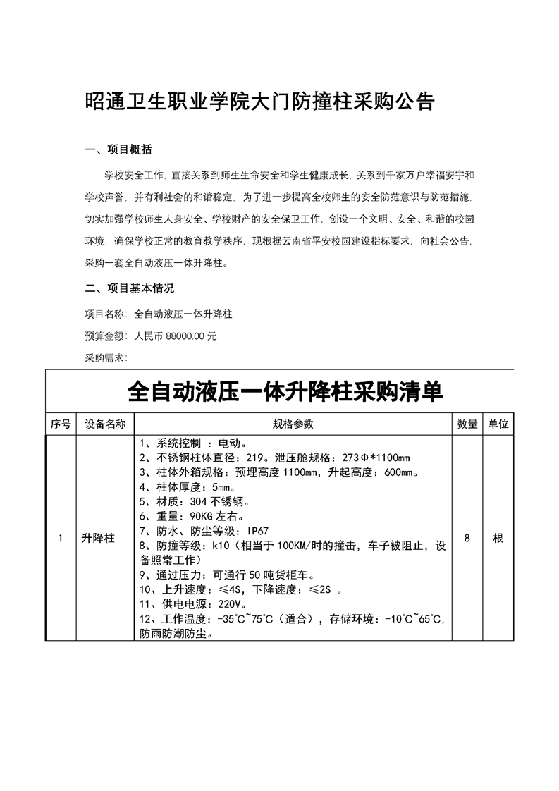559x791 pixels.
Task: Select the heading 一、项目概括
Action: pos(118,150)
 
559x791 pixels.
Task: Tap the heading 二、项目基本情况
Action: pos(129,288)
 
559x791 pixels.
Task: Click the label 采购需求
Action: pos(104,358)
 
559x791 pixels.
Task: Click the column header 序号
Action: pos(61,424)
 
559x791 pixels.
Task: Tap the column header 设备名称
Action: pos(105,424)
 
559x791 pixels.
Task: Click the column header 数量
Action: pos(468,424)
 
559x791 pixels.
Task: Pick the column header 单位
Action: pos(498,424)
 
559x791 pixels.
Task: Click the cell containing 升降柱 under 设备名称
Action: pos(99,538)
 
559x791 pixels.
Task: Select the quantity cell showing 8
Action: pos(467,538)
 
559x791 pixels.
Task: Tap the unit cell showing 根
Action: pos(498,538)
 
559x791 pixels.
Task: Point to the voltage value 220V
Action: pos(232,604)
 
